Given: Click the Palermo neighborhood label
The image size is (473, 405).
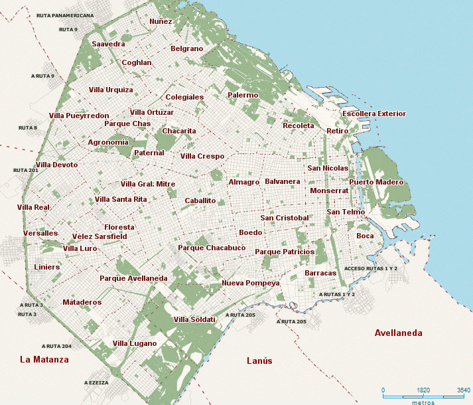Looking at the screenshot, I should pos(242,95).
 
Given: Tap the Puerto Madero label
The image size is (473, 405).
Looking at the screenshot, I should pos(376,182).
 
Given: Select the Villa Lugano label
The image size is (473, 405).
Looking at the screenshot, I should pos(135,343).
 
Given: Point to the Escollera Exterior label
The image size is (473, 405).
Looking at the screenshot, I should pos(373,114).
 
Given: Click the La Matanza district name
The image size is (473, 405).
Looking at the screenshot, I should pos(44,359).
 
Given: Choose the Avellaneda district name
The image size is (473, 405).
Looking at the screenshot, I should pos(398,333).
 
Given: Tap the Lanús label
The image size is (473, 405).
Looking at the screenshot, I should pos(259,361).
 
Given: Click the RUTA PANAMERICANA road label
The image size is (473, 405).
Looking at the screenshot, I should pos(65,15).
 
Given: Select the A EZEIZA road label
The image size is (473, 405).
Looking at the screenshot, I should pos(96,382).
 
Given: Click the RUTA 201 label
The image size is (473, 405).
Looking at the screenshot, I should pos(26,170).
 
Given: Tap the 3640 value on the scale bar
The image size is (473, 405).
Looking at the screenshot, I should pos(464,390).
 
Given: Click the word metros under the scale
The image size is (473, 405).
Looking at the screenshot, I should pos(423,402).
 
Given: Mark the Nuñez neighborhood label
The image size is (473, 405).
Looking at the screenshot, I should pos(161,21).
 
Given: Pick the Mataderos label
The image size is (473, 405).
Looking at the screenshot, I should pos(82,302).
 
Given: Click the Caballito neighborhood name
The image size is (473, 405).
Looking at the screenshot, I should pos(200,200).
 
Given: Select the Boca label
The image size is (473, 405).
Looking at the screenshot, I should pos(365,236).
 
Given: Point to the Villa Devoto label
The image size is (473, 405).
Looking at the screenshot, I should pos(56,165).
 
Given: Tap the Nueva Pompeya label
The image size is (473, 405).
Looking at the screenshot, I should pos(251,283).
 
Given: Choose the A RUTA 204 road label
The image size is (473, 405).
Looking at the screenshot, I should pos(56,346).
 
